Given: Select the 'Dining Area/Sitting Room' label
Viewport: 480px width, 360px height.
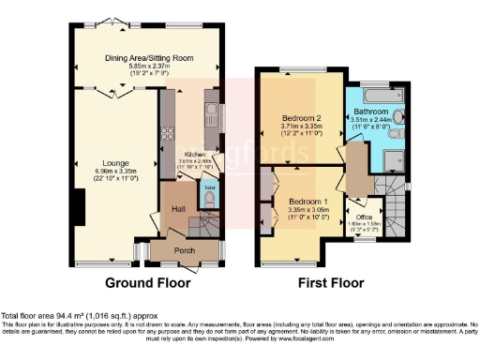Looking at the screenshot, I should (x=150, y=57).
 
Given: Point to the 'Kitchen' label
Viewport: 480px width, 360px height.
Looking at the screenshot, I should (x=195, y=154).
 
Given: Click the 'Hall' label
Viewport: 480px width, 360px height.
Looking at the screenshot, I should (x=178, y=208).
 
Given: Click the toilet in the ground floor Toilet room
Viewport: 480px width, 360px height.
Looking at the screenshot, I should (x=208, y=198).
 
